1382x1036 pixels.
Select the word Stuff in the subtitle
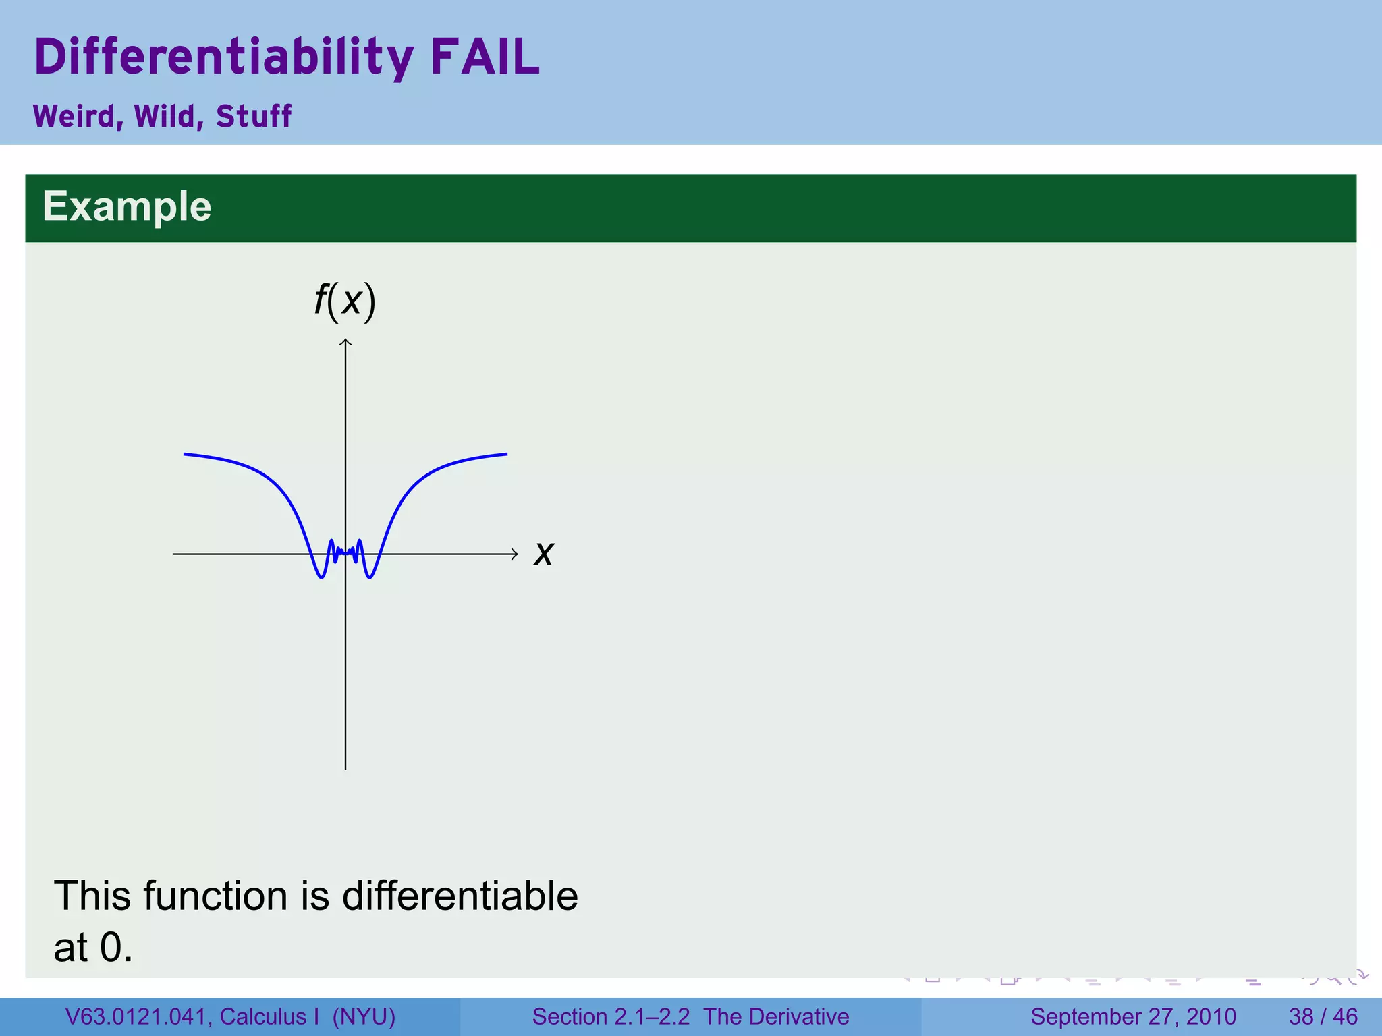tap(254, 117)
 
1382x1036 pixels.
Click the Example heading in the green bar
tap(127, 206)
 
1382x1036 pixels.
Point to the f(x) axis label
tap(345, 301)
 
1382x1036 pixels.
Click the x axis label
tap(543, 554)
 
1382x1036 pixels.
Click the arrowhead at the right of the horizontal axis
tap(516, 554)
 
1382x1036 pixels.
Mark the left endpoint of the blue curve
tap(184, 454)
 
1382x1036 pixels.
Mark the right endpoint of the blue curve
tap(507, 454)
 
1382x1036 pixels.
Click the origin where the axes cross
tap(345, 554)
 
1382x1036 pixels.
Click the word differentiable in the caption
tap(460, 896)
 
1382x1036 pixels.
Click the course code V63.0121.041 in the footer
tap(138, 1016)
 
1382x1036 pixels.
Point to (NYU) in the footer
tap(364, 1016)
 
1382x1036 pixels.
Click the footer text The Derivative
tap(776, 1016)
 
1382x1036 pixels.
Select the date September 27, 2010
tap(1133, 1016)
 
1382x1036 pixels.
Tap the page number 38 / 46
tap(1323, 1016)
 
